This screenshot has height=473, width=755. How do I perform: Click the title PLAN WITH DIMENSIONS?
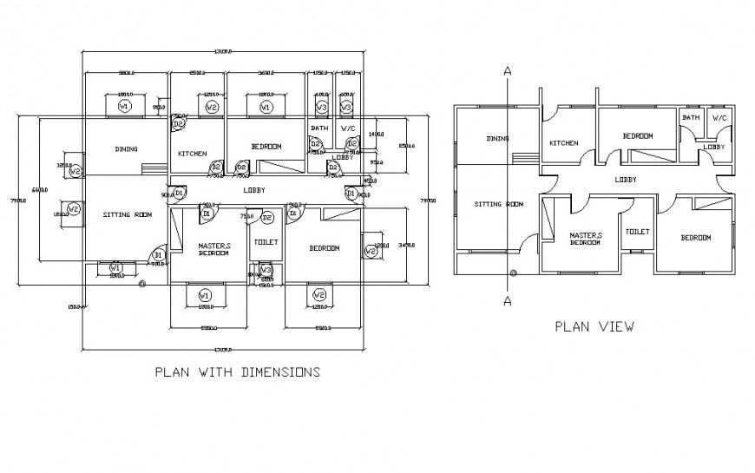click(x=237, y=372)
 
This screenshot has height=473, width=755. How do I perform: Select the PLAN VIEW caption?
click(x=594, y=327)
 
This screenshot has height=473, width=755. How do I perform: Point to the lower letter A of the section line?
click(x=506, y=301)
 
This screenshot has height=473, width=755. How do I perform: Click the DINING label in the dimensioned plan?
click(x=126, y=149)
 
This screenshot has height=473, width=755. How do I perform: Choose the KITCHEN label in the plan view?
click(x=563, y=143)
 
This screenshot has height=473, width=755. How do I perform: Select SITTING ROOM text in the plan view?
click(x=499, y=205)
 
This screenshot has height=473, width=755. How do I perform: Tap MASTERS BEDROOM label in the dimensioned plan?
click(x=213, y=249)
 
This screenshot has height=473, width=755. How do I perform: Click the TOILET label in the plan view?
click(x=638, y=232)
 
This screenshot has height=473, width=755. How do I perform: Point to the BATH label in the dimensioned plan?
click(x=319, y=128)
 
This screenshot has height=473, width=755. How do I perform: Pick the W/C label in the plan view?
click(x=719, y=118)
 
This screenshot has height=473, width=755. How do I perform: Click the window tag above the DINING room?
click(x=123, y=106)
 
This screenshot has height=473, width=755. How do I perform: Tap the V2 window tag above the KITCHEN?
click(x=212, y=107)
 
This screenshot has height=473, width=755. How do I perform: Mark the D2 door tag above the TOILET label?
click(x=268, y=217)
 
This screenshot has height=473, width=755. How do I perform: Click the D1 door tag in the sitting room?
click(x=158, y=255)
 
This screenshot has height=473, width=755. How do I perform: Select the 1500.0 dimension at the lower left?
click(x=75, y=306)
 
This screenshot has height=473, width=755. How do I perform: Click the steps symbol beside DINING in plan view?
click(x=523, y=157)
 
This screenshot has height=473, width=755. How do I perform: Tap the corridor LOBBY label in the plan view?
click(x=626, y=180)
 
